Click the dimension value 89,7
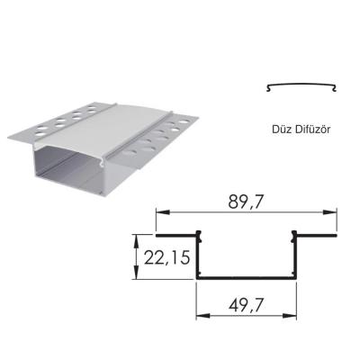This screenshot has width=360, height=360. pyautogui.click(x=246, y=204)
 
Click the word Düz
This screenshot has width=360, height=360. pyautogui.click(x=281, y=129)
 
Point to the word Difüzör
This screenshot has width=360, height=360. pyautogui.click(x=313, y=129)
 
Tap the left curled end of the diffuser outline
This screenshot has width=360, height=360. pyautogui.click(x=269, y=88)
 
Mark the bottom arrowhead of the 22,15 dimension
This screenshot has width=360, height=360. pyautogui.click(x=137, y=275)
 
